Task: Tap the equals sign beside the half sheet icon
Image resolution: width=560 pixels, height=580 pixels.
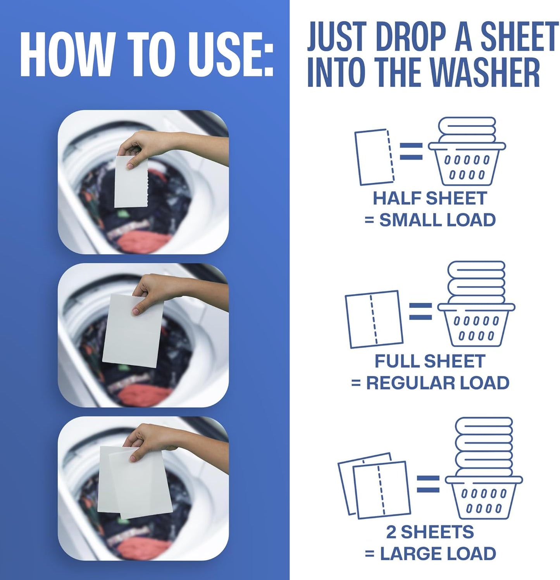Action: (411, 151)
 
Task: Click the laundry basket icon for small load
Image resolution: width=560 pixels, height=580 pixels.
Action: (467, 152)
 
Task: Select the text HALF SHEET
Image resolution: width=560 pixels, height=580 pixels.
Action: (429, 199)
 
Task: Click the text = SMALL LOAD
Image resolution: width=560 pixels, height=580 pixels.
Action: (430, 220)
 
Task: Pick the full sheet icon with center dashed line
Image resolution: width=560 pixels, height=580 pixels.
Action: (374, 319)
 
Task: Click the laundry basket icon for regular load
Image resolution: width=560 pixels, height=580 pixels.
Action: (476, 304)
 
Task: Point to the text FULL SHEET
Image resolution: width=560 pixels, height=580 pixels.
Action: (429, 361)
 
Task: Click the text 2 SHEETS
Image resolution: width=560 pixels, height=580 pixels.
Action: (429, 532)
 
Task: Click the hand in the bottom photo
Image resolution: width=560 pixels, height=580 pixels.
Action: (147, 438)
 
